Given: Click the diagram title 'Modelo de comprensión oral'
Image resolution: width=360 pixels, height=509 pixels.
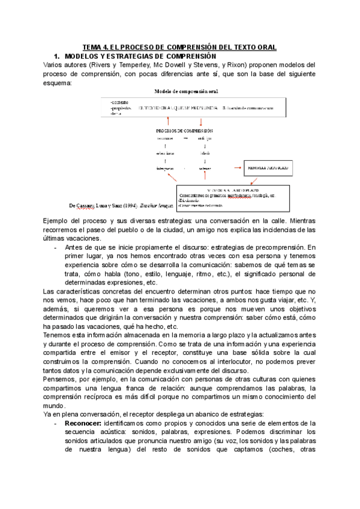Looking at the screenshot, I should click(187, 91).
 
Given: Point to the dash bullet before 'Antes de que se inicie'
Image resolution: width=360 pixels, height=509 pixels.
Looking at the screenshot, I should click(56, 247).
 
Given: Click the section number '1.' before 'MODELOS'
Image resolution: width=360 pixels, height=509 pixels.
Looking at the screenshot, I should click(58, 55).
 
